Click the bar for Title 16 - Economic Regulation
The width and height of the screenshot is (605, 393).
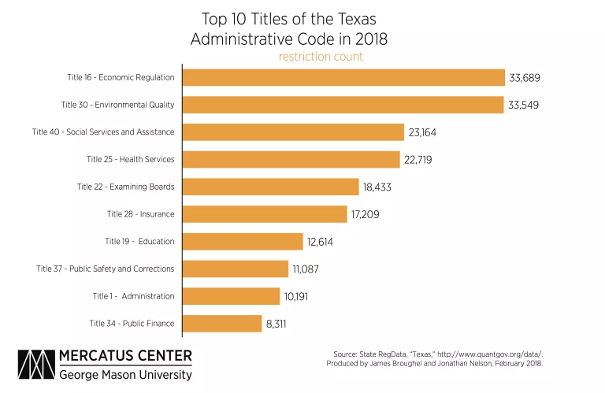coord(343,77)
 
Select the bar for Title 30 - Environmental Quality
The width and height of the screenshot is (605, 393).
coord(343,105)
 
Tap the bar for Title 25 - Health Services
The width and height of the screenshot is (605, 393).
coord(291,159)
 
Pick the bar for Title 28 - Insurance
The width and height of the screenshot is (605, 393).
coord(265,214)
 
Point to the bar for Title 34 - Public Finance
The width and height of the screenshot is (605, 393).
coord(222,324)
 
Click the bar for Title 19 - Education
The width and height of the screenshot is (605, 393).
coord(243,241)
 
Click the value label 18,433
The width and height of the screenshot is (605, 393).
coord(377,187)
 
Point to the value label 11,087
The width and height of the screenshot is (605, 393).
coord(305,269)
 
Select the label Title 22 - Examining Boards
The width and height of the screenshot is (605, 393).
coord(125,187)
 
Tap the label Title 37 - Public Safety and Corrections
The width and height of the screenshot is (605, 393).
coord(105,269)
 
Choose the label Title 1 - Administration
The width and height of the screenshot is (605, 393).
coord(133,296)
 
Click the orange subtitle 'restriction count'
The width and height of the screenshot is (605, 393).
coord(321,57)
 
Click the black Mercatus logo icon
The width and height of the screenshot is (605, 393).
coord(35,365)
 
